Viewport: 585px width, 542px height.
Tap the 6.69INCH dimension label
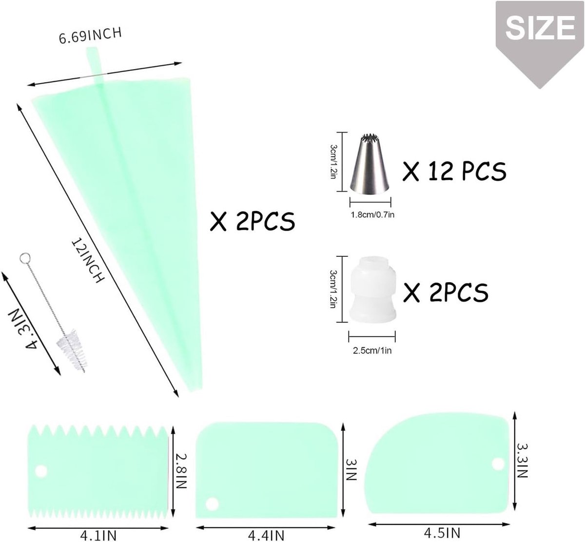pyautogui.click(x=90, y=35)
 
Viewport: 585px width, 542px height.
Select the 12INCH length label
pyautogui.click(x=88, y=260)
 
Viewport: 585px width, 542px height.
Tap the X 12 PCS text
pyautogui.click(x=454, y=171)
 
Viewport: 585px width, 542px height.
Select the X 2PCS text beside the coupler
pyautogui.click(x=446, y=292)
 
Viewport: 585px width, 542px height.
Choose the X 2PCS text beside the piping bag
pyautogui.click(x=252, y=221)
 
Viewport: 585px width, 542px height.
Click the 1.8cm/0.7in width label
pyautogui.click(x=372, y=215)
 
